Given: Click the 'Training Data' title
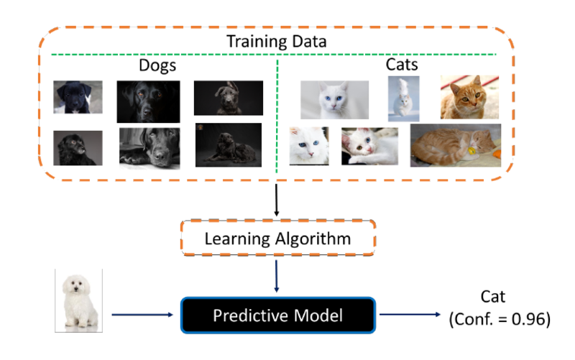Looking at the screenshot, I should tap(277, 41).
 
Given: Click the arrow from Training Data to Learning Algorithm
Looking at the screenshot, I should tap(277, 200).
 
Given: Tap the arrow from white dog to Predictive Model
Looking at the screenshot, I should tap(144, 315).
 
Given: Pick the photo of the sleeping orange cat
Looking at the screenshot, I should tap(455, 145).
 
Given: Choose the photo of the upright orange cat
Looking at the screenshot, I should tap(469, 97).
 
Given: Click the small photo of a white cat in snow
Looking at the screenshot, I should tap(403, 98).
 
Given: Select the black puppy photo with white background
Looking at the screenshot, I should tap(78, 98).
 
